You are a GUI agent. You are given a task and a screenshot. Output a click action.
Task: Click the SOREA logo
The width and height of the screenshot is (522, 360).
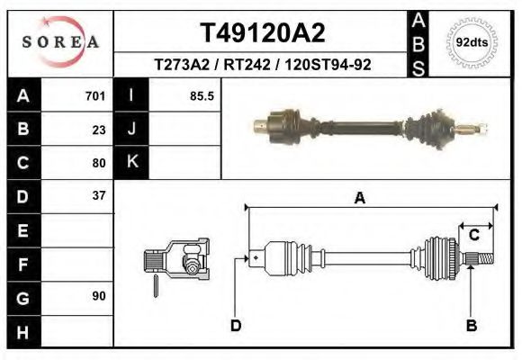point(60,41)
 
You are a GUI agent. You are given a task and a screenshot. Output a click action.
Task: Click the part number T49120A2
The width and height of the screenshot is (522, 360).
point(261,33)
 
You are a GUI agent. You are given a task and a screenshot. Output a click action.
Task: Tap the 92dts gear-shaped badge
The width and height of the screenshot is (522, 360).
point(469,42)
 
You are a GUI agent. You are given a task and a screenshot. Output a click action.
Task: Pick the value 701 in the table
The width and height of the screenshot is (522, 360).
point(95,96)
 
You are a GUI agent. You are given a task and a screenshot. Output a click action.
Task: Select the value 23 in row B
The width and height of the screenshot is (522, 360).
point(99,130)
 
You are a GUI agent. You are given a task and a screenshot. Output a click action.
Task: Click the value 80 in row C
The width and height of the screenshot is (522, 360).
point(99,163)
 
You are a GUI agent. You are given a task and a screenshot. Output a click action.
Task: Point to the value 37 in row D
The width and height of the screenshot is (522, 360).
point(99,195)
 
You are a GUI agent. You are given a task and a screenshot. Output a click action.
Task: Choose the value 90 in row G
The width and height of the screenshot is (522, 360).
point(99,296)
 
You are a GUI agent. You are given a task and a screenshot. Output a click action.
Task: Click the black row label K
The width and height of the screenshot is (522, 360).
point(131,162)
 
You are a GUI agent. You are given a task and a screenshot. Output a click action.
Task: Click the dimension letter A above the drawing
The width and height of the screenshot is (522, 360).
point(360,199)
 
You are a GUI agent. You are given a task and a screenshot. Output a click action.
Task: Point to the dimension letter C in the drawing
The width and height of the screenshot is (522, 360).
point(473,236)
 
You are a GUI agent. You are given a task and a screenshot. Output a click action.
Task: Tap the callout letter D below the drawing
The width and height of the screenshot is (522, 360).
point(236,325)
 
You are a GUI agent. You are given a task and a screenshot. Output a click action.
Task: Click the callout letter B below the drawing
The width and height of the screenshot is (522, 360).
point(471,325)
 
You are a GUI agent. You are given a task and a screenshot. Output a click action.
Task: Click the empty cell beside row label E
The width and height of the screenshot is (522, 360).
point(78,229)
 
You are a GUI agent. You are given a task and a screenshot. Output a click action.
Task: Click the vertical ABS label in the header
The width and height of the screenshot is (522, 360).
point(418,42)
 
